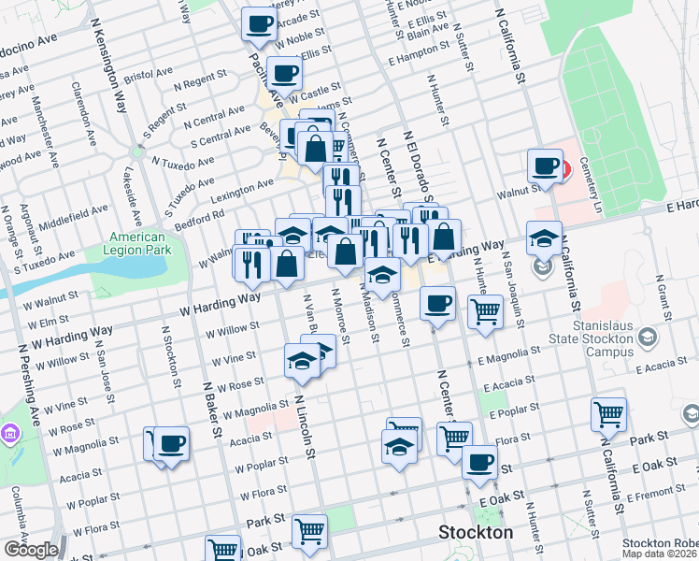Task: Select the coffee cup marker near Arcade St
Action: coord(260,23)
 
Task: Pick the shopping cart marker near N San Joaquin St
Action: coord(485,311)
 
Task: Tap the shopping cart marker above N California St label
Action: coord(608,413)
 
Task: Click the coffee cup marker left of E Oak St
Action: coord(480,462)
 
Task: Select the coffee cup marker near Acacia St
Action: coord(172,443)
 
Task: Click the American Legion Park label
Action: coord(136,244)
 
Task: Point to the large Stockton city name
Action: coord(476,533)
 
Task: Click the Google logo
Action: coord(30,550)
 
